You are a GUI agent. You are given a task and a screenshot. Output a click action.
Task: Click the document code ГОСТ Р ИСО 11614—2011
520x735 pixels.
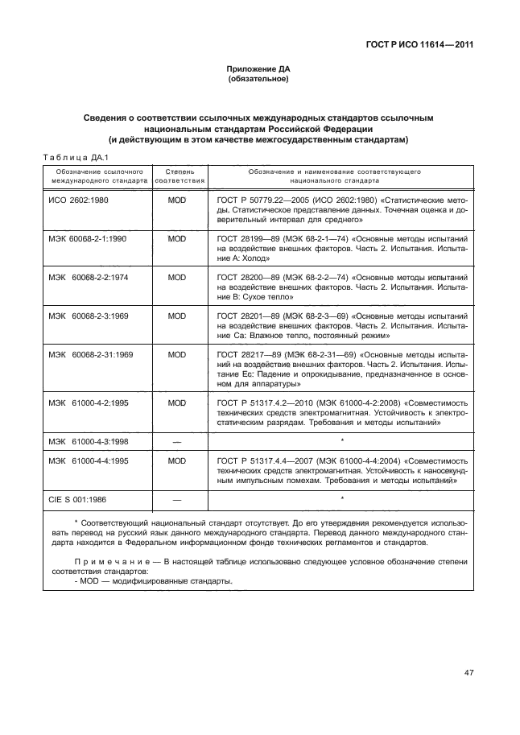(x=418, y=45)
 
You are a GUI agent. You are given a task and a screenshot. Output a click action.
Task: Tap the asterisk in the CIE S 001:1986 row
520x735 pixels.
(x=343, y=499)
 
